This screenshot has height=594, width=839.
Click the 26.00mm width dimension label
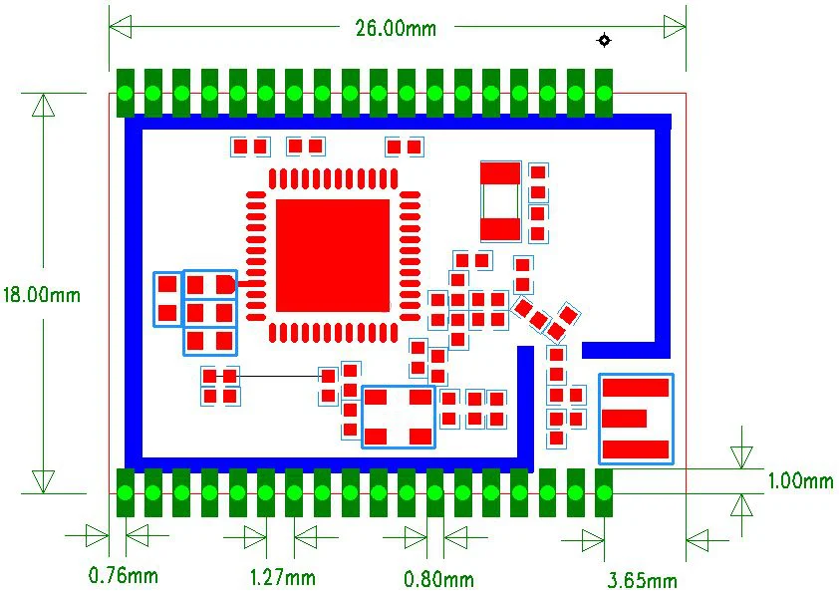point(396,28)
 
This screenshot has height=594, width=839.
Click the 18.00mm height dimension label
point(41,295)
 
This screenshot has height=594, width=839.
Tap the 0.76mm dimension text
point(124,575)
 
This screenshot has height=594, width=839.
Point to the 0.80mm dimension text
point(438,578)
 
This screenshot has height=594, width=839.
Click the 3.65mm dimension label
point(643,580)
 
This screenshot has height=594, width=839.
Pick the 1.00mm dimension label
point(800,481)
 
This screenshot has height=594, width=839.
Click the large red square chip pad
point(332,255)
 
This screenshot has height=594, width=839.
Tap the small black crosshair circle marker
point(603,40)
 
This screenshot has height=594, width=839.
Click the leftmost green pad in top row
point(126,94)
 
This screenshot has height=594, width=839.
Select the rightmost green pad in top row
point(604,94)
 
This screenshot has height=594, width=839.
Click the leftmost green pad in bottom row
point(126,492)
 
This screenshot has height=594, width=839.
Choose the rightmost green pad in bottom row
point(604,492)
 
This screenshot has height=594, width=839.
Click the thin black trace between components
point(279,376)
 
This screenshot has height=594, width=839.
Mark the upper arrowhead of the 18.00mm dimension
point(43,105)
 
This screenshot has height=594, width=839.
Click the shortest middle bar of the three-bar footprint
point(626,418)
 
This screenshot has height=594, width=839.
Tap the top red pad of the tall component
point(500,172)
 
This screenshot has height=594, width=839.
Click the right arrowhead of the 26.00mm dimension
point(675,27)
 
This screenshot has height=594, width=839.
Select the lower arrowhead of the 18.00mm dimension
point(43,481)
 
